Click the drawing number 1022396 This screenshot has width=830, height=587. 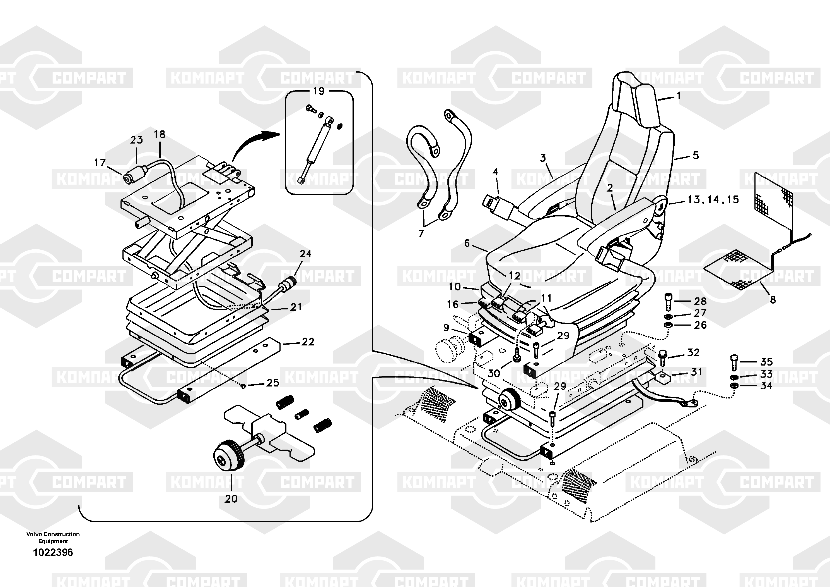tap(53, 553)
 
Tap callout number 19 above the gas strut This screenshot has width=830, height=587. tap(319, 91)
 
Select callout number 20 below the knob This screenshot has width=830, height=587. tap(231, 499)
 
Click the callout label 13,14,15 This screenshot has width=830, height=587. tap(713, 199)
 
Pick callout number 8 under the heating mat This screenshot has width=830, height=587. tap(773, 300)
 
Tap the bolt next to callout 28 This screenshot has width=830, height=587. tap(668, 301)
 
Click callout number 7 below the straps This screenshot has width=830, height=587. tap(421, 234)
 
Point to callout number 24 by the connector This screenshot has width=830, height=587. tap(305, 253)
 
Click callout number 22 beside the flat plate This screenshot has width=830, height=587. tap(308, 342)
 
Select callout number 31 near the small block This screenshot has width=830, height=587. tap(696, 372)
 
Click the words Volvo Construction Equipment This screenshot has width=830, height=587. tap(53, 537)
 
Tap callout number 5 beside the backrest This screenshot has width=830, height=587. tap(696, 155)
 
